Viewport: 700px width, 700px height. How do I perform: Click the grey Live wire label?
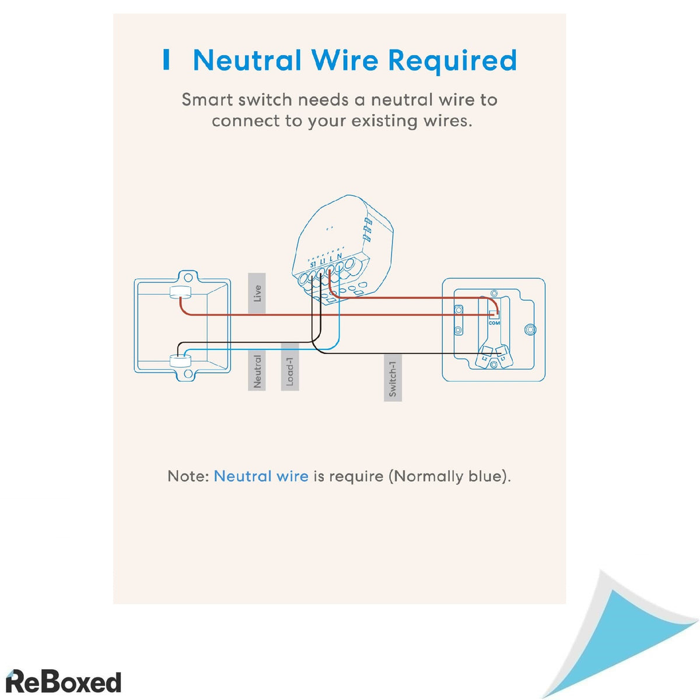[257, 293]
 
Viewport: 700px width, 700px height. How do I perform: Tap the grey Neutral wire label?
[257, 371]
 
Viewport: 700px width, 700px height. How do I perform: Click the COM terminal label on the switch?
[494, 323]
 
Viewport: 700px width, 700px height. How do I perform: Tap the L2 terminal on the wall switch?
[484, 358]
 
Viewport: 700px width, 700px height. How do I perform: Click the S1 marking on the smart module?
[313, 263]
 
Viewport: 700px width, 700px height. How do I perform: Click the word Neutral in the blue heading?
[247, 61]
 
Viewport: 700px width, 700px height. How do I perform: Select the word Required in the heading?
[453, 61]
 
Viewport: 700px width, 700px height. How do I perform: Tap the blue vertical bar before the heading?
[167, 60]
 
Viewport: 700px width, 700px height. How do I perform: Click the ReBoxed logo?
[63, 681]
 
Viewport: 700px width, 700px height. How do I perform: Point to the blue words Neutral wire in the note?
[261, 476]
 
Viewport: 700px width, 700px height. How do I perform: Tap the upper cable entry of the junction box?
[181, 292]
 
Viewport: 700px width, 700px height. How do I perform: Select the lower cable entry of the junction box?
[181, 361]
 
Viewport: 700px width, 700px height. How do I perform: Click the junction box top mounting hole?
[188, 276]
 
